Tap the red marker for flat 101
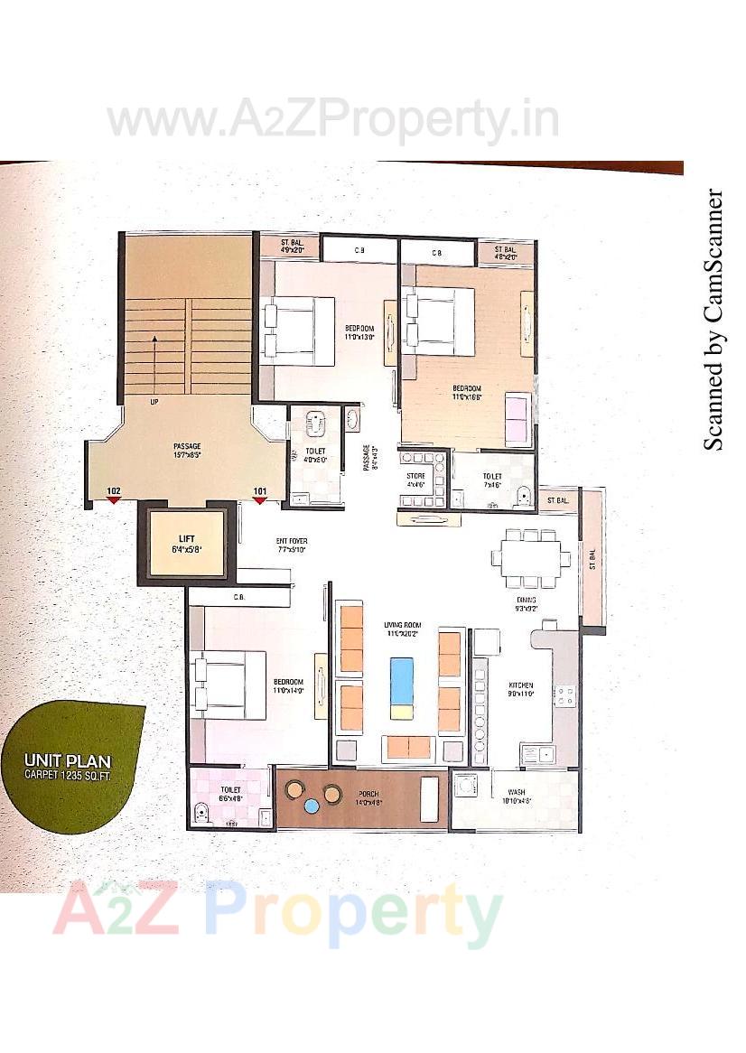click(260, 500)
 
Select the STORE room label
click(415, 475)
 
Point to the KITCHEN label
click(522, 685)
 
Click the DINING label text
click(527, 600)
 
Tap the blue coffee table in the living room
click(401, 681)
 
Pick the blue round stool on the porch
click(312, 806)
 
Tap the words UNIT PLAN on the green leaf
click(68, 761)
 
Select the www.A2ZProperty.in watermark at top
click(332, 121)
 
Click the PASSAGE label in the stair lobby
click(187, 446)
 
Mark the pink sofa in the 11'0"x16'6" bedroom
click(517, 419)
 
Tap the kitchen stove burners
click(565, 695)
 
